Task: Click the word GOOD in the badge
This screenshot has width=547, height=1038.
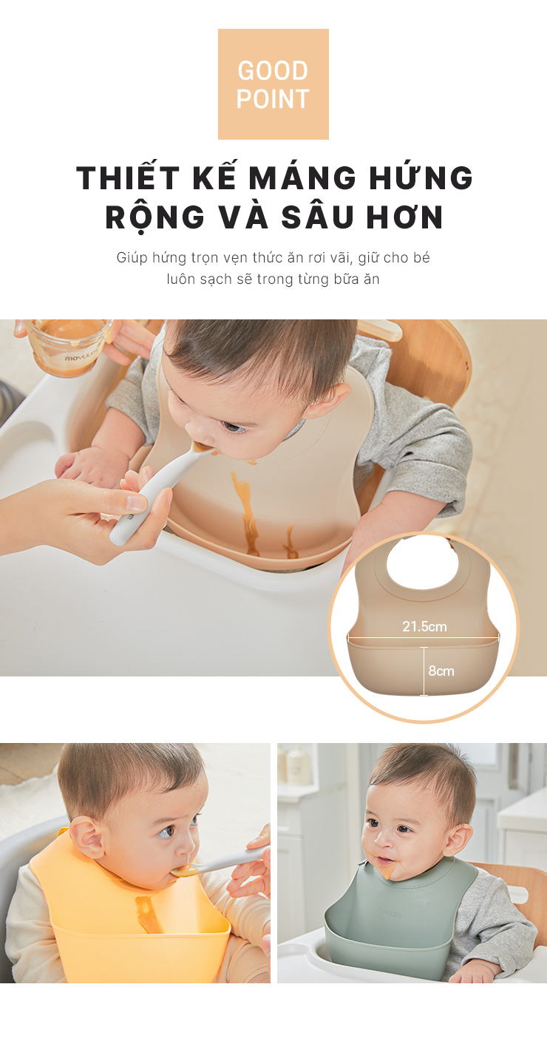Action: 273,71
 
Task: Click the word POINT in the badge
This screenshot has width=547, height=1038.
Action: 273,99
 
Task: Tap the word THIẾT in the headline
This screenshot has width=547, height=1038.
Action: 129,177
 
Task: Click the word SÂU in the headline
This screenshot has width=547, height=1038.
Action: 318,216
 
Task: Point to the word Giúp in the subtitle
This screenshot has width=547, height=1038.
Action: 132,257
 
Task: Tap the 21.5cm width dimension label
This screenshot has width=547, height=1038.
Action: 424,626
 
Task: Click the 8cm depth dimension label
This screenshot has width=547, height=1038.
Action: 441,671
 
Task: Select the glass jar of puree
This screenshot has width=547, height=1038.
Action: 69,346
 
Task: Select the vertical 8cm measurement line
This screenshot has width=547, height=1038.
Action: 424,671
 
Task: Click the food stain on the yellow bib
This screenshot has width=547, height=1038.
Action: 149,913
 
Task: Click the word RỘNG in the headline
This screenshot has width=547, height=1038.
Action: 155,217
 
